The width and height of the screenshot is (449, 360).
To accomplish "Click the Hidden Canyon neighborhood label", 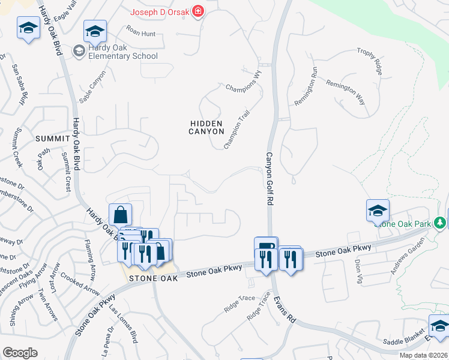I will click(x=206, y=127).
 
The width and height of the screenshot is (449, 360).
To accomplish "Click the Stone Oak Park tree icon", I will click(x=441, y=223).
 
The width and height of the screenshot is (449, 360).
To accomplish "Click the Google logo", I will click(x=20, y=353).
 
